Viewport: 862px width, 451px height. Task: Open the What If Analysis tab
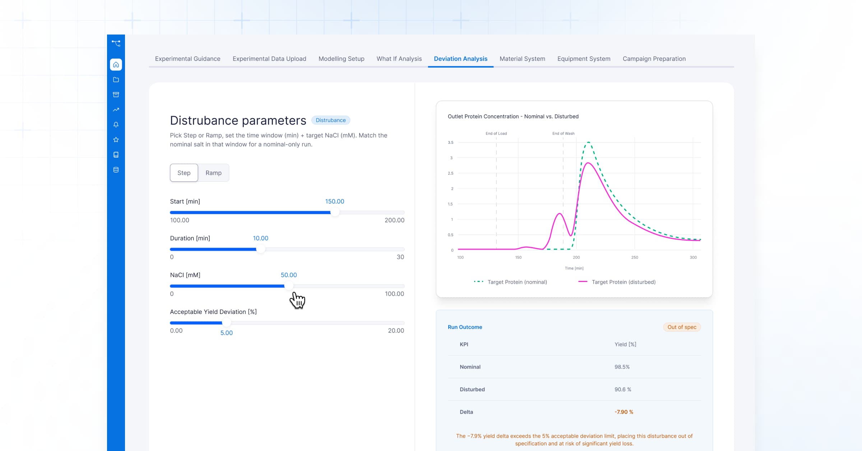(x=399, y=59)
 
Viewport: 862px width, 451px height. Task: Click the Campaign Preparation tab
(x=654, y=59)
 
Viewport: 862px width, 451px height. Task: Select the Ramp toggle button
(x=213, y=173)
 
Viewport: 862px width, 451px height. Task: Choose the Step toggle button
(x=184, y=173)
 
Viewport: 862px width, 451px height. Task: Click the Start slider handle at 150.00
(x=334, y=213)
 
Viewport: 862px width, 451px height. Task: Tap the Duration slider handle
(x=261, y=249)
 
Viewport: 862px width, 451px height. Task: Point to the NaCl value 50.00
(x=289, y=275)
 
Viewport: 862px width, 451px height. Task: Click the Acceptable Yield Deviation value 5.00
(x=227, y=333)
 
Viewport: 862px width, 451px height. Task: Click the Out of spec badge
(x=682, y=327)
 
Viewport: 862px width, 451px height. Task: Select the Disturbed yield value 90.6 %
(x=623, y=389)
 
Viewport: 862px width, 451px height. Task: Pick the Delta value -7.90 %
(x=624, y=412)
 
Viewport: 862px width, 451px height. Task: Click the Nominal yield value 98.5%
(x=622, y=367)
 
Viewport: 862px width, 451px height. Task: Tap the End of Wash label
(x=563, y=133)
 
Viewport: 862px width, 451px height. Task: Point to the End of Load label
(x=496, y=133)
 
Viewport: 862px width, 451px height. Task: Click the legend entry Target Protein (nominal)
(x=510, y=282)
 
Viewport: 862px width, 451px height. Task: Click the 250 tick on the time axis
(x=635, y=258)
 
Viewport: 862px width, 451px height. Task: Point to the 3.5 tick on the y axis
(x=450, y=142)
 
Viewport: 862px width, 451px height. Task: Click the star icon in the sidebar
(x=116, y=140)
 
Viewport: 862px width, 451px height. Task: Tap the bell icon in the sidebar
(x=116, y=124)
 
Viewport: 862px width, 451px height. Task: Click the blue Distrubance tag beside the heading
(x=331, y=120)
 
